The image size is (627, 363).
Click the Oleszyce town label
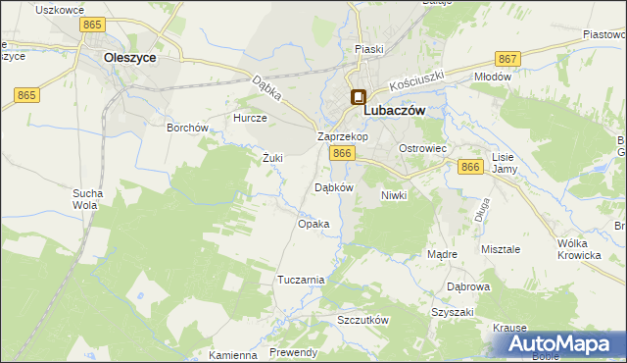[x=130, y=58]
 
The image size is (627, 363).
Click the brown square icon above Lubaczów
[x=358, y=97]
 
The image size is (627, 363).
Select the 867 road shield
[x=507, y=59]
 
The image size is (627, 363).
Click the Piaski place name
[x=369, y=48]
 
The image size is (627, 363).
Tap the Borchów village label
[x=187, y=128]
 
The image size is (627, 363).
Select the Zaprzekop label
[x=342, y=136]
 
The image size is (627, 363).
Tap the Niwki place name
[x=393, y=195]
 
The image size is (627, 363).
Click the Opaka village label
[x=313, y=224]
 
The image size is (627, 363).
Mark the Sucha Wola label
[x=86, y=200]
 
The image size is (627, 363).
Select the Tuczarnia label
[x=301, y=280]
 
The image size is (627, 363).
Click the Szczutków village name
[x=363, y=321]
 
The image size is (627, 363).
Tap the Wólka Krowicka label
[x=578, y=249]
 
